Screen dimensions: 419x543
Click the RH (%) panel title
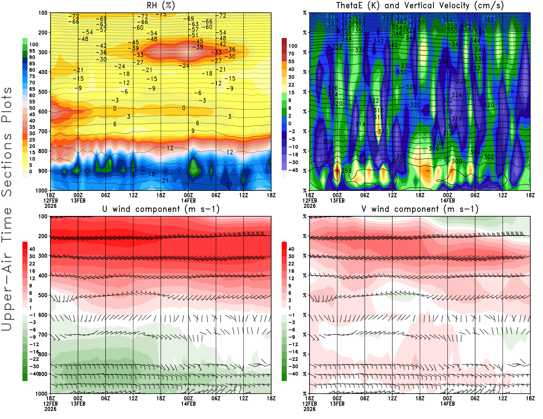(x=161, y=5)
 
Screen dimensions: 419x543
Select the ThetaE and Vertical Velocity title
(x=420, y=5)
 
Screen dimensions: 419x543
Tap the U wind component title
(x=161, y=209)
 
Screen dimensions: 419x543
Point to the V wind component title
(x=420, y=209)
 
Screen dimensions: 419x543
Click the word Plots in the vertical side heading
(x=7, y=105)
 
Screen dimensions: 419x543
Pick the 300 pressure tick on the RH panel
(x=43, y=52)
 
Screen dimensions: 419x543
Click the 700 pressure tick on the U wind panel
(x=43, y=335)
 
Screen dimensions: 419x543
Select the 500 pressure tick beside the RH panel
(x=43, y=92)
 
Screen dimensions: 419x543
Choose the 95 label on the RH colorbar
(x=32, y=51)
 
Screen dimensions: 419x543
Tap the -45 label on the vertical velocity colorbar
(x=293, y=170)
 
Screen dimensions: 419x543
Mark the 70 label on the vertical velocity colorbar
(x=291, y=54)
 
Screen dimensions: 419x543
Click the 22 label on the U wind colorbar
(x=32, y=264)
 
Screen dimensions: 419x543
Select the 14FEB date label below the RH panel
(x=188, y=200)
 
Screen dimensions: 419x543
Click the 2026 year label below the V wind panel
(x=310, y=409)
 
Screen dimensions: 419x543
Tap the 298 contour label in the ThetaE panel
(x=347, y=171)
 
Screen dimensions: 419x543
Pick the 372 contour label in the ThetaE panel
(x=347, y=16)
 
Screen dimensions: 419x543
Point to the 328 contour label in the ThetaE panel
(x=461, y=81)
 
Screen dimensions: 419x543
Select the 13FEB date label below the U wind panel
(x=78, y=404)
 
